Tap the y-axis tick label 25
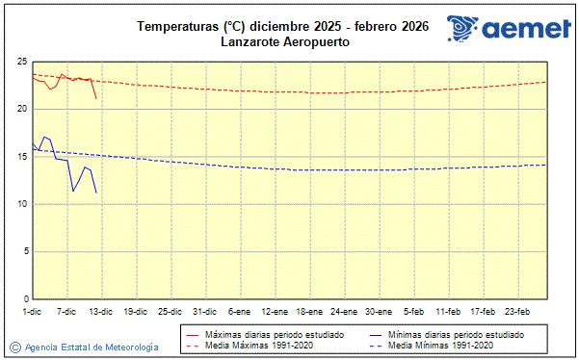21,62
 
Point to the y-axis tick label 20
21,109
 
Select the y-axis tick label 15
21,156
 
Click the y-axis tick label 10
21,203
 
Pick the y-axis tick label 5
24,251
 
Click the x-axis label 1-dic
32,311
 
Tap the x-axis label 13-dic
101,311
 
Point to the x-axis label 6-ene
240,311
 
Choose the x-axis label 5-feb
414,311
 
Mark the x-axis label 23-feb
518,311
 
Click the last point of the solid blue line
96,193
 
